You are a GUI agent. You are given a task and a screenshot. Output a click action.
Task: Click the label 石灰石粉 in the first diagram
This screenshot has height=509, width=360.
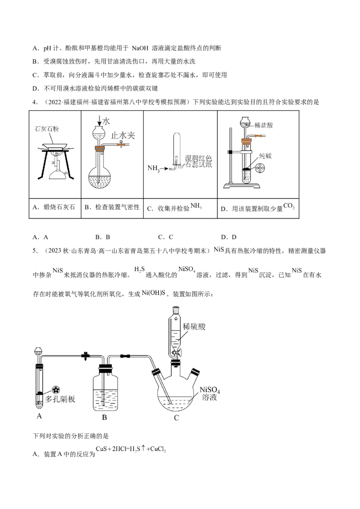[x=47, y=129]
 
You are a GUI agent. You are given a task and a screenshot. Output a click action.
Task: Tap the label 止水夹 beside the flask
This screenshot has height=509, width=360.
[x=123, y=135]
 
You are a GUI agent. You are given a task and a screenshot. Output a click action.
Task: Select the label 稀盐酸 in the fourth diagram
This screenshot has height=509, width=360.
[x=264, y=125]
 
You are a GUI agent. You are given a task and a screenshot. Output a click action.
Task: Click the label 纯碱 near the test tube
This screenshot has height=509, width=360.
[x=265, y=156]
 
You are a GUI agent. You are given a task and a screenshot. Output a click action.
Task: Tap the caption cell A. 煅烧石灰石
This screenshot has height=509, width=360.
[x=54, y=207]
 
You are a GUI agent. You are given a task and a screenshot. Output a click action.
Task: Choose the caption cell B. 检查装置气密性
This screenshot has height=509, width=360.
[x=112, y=207]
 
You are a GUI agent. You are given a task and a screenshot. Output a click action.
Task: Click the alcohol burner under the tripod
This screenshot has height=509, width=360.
[x=59, y=170]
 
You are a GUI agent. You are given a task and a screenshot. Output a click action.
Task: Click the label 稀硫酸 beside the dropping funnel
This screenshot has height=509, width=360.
[x=194, y=326]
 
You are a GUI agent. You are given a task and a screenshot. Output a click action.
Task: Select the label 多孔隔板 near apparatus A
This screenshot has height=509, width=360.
[x=60, y=399]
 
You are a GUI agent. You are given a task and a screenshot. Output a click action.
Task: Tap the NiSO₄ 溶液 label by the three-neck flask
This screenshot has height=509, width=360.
[x=210, y=393]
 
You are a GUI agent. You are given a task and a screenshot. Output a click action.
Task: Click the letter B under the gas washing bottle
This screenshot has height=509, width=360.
[x=104, y=417]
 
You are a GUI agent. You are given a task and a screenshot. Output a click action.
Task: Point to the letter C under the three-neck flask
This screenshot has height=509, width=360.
[x=176, y=418]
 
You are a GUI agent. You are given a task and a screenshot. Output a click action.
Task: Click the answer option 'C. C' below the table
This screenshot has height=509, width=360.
[x=166, y=237]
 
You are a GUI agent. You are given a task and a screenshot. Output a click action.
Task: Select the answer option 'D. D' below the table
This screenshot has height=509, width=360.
[x=229, y=237]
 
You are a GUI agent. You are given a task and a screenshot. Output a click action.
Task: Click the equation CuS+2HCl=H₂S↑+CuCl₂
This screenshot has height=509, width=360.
[x=131, y=449]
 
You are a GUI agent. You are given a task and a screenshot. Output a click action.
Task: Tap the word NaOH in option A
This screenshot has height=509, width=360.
[x=140, y=49]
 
